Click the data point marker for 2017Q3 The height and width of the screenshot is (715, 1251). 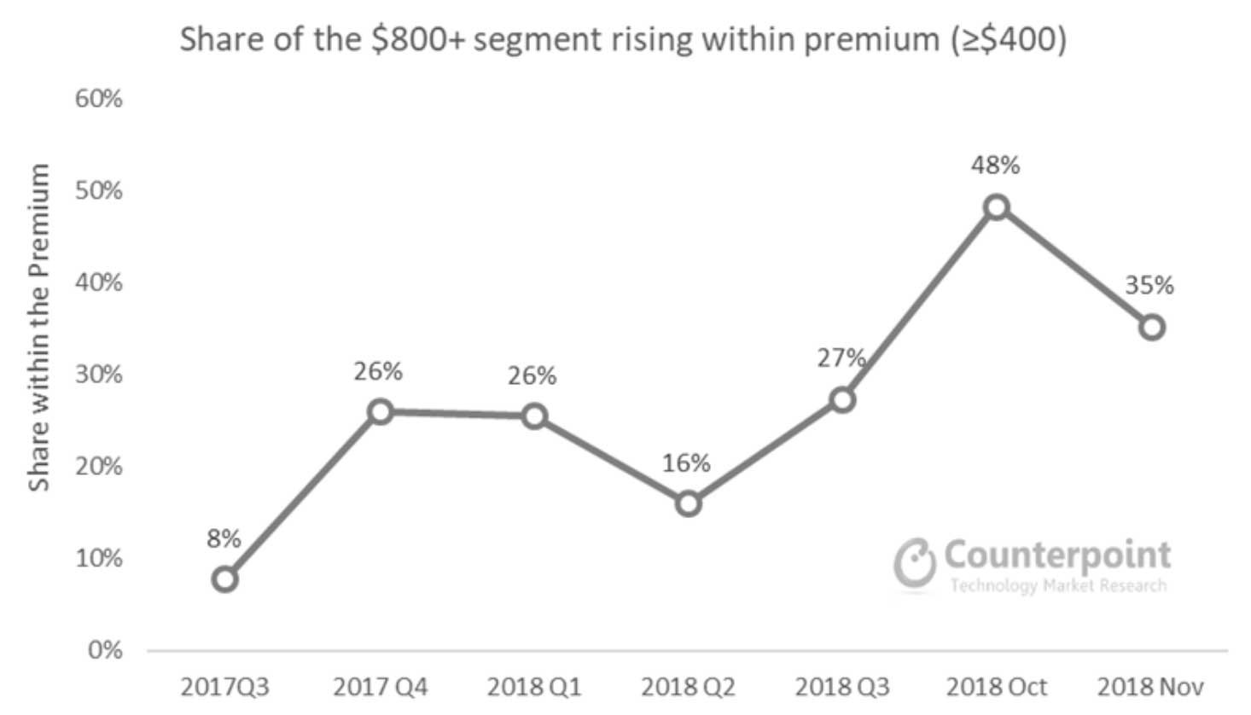(224, 579)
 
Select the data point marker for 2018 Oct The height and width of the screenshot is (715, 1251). (996, 207)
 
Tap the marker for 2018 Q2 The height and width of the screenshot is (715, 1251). (688, 503)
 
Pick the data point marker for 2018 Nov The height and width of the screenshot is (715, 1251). (1151, 327)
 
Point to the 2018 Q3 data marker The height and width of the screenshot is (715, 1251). (842, 399)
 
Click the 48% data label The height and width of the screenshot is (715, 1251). (995, 165)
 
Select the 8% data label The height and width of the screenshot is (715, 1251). (224, 538)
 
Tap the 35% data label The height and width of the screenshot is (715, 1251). (1149, 285)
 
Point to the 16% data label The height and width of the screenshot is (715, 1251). (686, 462)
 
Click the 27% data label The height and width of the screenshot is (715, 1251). (841, 357)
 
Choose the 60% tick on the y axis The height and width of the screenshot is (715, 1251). (99, 99)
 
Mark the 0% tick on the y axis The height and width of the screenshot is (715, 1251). (105, 650)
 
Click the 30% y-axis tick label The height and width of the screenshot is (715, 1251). (99, 375)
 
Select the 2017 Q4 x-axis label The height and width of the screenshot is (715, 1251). (380, 687)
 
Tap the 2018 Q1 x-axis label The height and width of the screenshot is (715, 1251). (533, 687)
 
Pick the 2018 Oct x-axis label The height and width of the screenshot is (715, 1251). (996, 687)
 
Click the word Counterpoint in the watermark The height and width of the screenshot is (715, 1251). (1057, 555)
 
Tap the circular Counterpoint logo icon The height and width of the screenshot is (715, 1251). (915, 562)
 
